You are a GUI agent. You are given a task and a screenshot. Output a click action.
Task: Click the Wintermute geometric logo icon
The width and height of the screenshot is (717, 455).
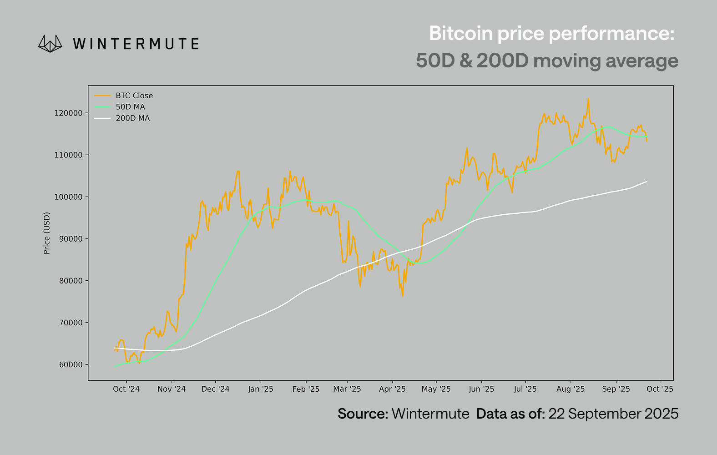pos(50,44)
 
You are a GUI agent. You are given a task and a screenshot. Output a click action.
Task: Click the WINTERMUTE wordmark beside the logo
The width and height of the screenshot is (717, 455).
pos(136,44)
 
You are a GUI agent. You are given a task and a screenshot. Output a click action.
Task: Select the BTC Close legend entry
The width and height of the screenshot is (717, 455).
pos(134,96)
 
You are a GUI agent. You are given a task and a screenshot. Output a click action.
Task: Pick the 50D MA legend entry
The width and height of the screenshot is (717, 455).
pos(130,107)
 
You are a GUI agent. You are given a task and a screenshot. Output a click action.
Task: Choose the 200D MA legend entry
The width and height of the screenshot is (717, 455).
pos(132,118)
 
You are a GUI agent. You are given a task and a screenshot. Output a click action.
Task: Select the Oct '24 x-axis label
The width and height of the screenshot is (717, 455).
pos(126,389)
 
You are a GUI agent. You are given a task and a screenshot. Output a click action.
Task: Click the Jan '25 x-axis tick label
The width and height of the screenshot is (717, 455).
pos(261,389)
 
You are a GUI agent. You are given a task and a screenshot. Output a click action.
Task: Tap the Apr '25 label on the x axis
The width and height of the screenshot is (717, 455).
pos(392,389)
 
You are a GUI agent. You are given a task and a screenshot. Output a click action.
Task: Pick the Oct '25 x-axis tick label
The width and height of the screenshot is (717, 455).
pos(660,389)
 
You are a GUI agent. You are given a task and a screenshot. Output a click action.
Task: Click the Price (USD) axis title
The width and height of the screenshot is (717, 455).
pos(47,233)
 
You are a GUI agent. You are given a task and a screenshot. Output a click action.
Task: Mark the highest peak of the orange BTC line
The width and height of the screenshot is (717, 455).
pos(588,99)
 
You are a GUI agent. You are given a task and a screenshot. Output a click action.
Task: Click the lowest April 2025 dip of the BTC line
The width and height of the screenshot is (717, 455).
pos(403,296)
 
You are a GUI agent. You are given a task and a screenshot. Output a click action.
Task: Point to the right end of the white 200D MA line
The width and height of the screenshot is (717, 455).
pos(646,182)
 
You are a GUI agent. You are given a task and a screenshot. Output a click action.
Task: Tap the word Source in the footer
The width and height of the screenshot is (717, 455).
pos(362,414)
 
